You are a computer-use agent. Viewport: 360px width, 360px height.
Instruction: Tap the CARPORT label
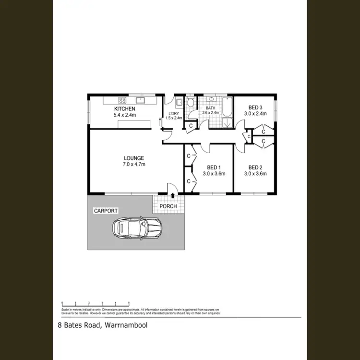(x=106, y=211)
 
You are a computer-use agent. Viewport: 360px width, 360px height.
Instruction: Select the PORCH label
(x=168, y=206)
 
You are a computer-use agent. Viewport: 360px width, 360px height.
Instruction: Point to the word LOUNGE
(x=133, y=158)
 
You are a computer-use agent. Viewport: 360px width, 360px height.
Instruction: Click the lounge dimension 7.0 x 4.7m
(x=133, y=164)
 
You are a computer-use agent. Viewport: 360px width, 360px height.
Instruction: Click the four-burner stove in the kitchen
(x=122, y=101)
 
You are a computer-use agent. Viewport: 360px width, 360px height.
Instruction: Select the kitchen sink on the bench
(x=141, y=101)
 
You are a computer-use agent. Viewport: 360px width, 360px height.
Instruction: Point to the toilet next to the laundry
(x=191, y=103)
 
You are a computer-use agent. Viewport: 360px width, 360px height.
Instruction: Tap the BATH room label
(x=211, y=108)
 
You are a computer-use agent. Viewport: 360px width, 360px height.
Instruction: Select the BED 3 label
(x=255, y=108)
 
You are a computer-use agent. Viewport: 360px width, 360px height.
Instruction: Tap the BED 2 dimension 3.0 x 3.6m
(x=255, y=174)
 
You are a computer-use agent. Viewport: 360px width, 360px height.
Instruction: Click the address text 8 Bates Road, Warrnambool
(x=102, y=325)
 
